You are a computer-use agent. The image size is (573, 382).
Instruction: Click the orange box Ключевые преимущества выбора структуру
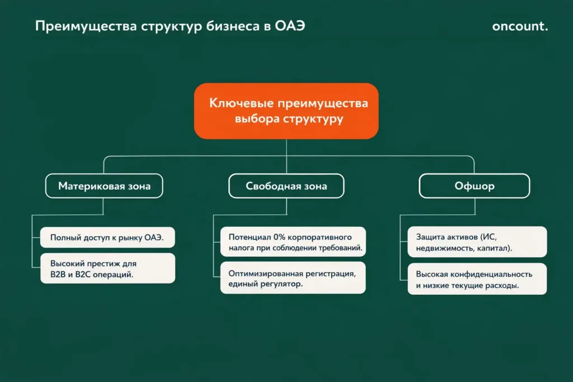tap(286, 111)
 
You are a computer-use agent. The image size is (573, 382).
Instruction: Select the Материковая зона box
tap(104, 186)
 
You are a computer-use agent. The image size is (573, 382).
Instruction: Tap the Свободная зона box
tap(286, 186)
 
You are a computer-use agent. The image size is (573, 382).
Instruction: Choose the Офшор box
tap(475, 186)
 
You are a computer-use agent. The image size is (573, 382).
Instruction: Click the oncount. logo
tap(520, 27)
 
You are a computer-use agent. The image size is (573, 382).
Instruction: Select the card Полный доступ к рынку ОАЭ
tap(107, 238)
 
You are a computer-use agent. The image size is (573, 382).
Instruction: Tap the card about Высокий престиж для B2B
tap(107, 268)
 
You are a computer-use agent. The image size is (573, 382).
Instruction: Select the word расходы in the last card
tap(502, 285)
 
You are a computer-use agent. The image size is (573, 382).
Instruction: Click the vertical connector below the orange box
tap(286, 148)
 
